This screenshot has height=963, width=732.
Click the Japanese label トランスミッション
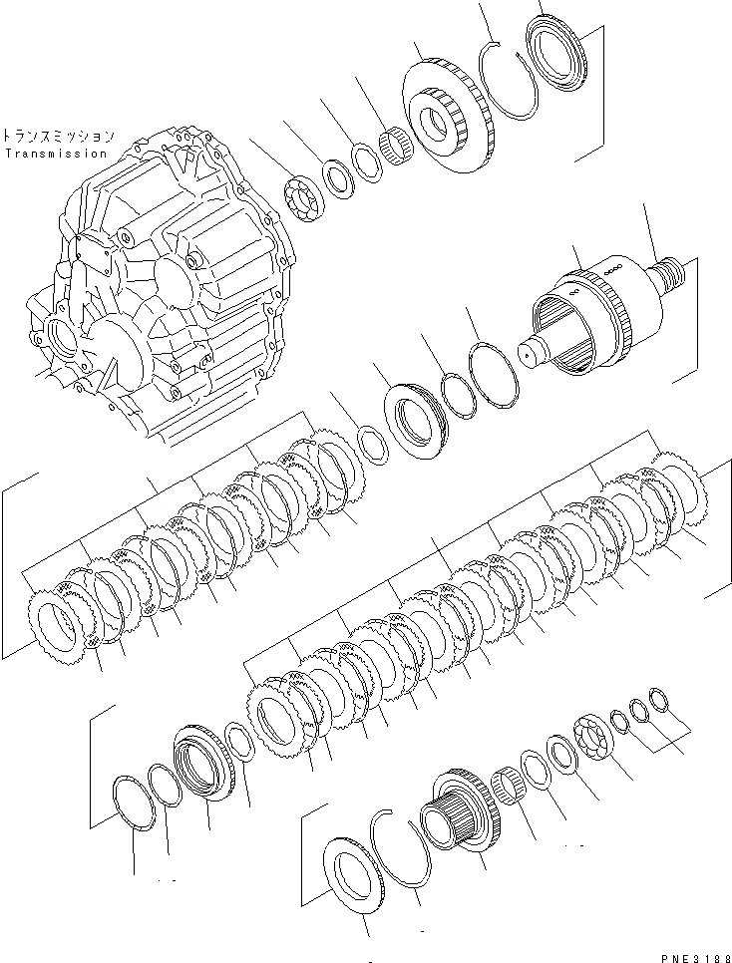[x=58, y=136]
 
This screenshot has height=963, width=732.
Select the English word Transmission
[x=55, y=154]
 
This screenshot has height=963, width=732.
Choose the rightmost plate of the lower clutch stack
[x=681, y=493]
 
